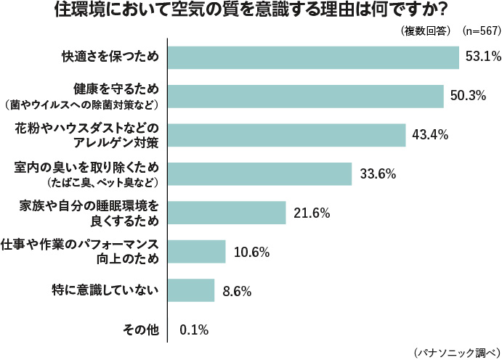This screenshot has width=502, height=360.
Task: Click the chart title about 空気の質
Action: click(251, 12)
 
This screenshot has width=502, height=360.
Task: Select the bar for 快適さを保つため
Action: click(313, 57)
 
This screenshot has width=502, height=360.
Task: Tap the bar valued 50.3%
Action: click(305, 96)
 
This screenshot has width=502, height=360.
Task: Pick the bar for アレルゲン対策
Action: click(286, 135)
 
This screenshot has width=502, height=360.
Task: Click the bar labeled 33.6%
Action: click(259, 173)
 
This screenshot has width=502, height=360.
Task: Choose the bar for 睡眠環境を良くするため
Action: click(227, 213)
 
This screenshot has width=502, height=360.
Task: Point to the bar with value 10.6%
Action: click(197, 252)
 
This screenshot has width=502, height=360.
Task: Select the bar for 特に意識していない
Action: click(191, 291)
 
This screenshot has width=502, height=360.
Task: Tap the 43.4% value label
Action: click(429, 135)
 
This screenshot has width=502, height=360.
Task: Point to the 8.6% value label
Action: click(237, 291)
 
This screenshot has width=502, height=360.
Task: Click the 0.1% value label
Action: click(194, 330)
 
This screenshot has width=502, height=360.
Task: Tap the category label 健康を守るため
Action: click(116, 89)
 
